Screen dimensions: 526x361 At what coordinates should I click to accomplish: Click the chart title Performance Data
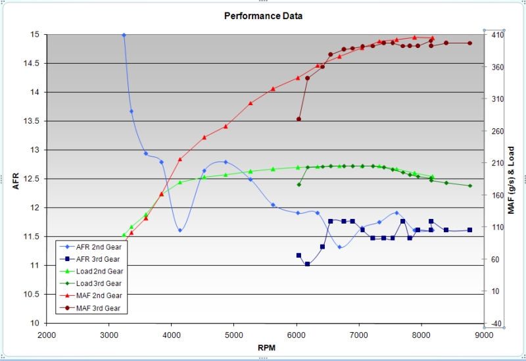pos(264,16)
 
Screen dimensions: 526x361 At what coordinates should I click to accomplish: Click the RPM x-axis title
pos(267,348)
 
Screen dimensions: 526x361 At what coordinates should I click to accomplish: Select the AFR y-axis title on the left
pos(16,181)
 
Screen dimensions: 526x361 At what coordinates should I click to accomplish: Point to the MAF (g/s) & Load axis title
pos(511,180)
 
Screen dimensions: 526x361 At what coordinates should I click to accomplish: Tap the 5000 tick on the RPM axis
pos(234,335)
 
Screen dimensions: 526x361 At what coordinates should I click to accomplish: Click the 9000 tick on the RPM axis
pos(484,335)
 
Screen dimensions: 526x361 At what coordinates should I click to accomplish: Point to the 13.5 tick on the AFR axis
pos(31,121)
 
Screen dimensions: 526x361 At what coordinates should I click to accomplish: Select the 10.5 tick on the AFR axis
pos(31,294)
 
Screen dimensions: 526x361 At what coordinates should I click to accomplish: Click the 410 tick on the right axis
pos(498,35)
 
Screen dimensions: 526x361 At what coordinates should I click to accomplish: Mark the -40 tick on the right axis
pos(498,324)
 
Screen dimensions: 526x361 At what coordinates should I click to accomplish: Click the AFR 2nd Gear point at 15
pos(124,35)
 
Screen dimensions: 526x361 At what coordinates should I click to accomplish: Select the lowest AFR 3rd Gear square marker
pos(307,264)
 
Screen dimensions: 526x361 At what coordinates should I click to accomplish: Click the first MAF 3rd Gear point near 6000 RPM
pos(299,119)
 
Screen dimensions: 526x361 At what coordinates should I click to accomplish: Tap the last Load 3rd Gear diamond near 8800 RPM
pos(470,186)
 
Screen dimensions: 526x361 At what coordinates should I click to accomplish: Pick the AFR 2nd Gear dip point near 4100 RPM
pos(180,231)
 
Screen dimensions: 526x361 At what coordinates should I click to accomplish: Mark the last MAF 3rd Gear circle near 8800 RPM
pos(470,43)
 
